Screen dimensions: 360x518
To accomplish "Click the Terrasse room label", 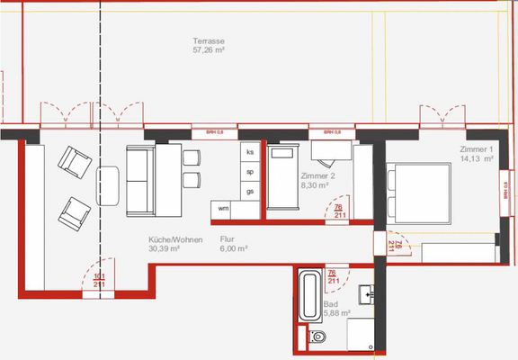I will pyautogui.click(x=209, y=42).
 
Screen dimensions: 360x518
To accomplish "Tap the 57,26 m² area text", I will pyautogui.click(x=209, y=52).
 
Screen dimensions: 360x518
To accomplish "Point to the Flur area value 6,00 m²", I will pyautogui.click(x=234, y=249).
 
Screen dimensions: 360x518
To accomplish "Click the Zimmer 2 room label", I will pyautogui.click(x=317, y=176).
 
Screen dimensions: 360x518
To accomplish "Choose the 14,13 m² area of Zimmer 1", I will pyautogui.click(x=477, y=158).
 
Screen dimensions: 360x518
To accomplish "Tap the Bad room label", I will pyautogui.click(x=330, y=304).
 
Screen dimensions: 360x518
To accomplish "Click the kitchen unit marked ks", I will pyautogui.click(x=250, y=153).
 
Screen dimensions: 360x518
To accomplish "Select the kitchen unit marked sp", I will pyautogui.click(x=250, y=172).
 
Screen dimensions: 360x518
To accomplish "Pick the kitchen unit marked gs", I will pyautogui.click(x=250, y=191).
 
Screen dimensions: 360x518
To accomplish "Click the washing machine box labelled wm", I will pyautogui.click(x=222, y=209).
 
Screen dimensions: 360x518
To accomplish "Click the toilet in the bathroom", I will pyautogui.click(x=317, y=337).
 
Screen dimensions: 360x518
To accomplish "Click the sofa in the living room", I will pyautogui.click(x=142, y=180).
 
